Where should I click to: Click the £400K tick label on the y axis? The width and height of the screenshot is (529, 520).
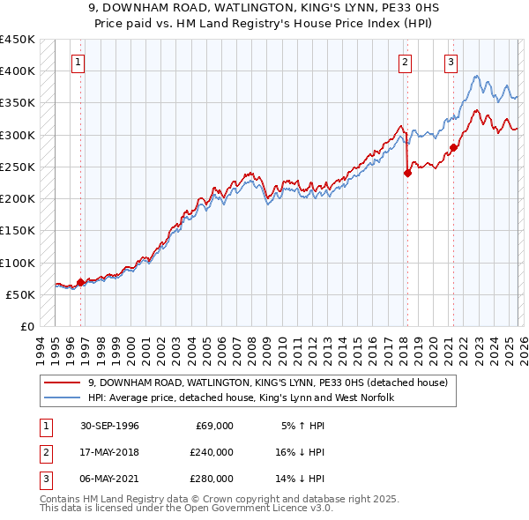pos(18,71)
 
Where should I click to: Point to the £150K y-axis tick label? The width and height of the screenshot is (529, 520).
pos(18,231)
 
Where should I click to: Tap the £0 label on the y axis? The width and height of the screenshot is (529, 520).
pos(26,327)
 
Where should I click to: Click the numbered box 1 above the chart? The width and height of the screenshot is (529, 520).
pos(79,63)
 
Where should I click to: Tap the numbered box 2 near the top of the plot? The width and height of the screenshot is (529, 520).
pos(405,63)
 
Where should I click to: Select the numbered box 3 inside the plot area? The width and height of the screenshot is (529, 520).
pos(451,63)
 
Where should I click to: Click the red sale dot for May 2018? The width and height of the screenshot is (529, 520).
pos(407,174)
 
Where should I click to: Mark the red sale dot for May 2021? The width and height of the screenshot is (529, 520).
pos(453,147)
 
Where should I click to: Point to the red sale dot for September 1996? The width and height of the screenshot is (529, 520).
pos(81,283)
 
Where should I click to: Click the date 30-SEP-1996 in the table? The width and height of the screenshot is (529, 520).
pos(108,426)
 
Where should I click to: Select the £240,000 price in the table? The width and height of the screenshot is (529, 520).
pos(211,452)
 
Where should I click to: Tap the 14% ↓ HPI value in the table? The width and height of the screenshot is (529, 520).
pos(301,479)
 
